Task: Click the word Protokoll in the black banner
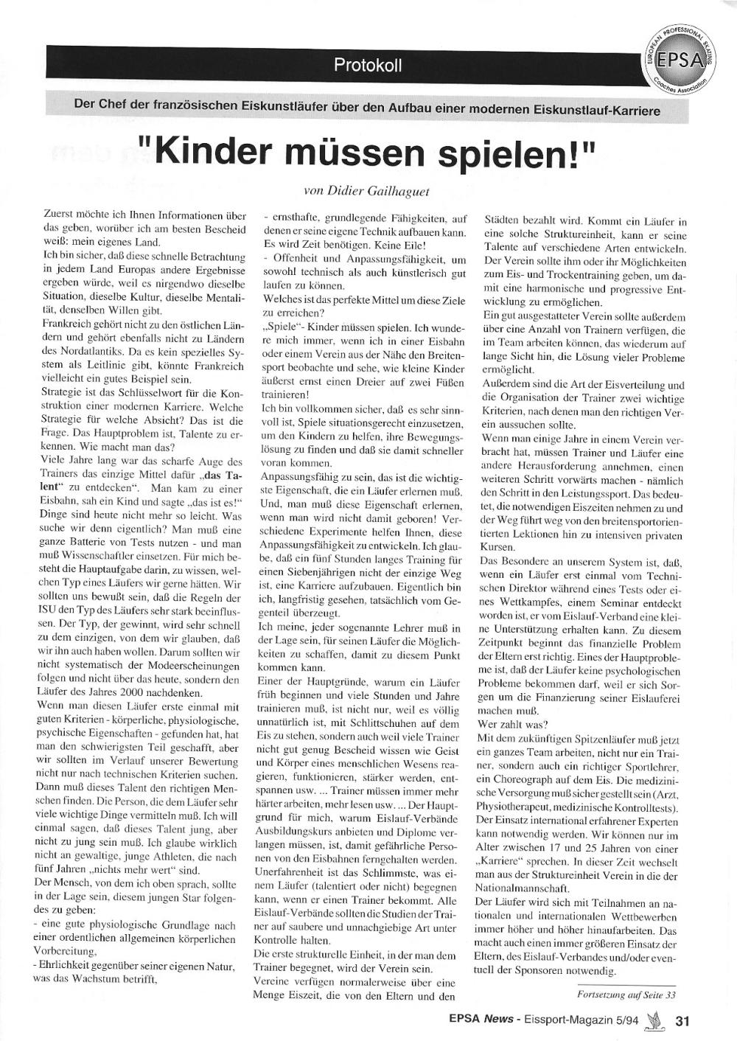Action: pos(368,65)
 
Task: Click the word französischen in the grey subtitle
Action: pos(198,105)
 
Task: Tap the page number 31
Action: pos(682,1021)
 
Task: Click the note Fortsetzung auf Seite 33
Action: pos(625,995)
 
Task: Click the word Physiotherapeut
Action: pos(516,807)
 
